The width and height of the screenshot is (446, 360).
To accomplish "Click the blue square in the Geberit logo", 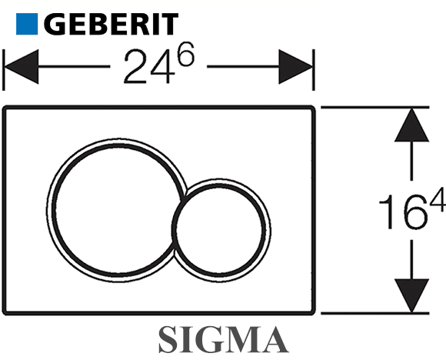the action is point(27,24).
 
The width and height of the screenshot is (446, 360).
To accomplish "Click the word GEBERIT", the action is point(111,24).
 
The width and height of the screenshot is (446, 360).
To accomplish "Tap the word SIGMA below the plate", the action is point(223,339).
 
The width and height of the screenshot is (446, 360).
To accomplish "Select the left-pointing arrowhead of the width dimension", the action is point(22,67).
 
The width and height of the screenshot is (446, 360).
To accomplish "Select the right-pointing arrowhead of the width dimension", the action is point(295,67).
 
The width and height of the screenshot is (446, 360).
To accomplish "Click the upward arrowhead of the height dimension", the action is point(411,125).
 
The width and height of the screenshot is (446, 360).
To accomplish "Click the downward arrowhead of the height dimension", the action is point(411,295).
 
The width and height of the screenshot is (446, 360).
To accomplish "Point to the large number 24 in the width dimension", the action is point(149,67).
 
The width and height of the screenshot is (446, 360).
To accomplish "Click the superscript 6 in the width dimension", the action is point(186,54).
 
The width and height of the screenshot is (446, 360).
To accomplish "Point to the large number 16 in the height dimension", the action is point(404,212).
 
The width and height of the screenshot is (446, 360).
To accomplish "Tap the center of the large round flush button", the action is point(117,210).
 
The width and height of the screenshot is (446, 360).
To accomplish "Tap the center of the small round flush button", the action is point(221,230).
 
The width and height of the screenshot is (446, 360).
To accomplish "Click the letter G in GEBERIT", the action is point(55,24).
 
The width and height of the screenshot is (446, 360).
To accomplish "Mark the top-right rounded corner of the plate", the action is point(312,108).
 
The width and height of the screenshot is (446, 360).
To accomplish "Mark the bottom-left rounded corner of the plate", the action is point(5,312).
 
